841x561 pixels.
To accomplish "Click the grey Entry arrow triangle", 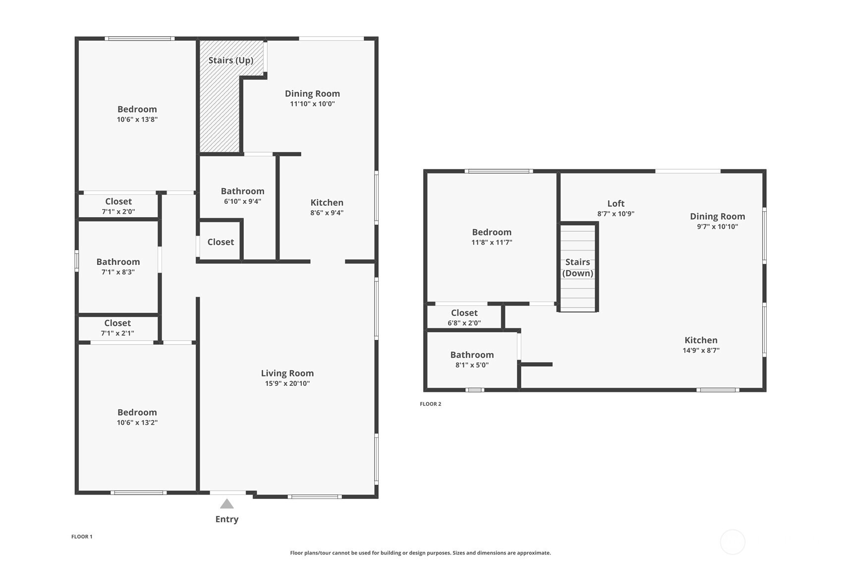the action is [x=227, y=504].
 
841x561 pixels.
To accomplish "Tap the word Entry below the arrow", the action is [x=227, y=519].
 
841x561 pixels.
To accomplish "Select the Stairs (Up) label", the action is [x=231, y=61].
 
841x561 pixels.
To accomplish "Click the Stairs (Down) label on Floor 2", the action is [x=577, y=267].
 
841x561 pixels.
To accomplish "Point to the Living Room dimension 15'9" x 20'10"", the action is [x=287, y=383].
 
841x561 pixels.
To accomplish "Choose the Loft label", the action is [x=616, y=204].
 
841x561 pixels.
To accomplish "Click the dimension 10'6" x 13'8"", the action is [x=137, y=120].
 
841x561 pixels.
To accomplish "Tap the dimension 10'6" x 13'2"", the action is [x=137, y=422].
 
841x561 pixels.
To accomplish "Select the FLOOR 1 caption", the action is [x=82, y=537].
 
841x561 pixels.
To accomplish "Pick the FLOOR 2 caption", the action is [x=430, y=404].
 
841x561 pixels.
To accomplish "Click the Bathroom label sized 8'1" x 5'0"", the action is [x=472, y=355].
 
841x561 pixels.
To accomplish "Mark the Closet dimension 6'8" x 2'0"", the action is [x=464, y=323].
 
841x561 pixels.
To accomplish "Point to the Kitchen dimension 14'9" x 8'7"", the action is [x=701, y=350].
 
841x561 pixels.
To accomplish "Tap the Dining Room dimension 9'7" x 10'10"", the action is [x=718, y=227].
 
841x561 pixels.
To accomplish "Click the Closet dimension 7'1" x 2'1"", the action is [x=117, y=333].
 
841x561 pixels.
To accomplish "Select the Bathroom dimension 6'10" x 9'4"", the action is [x=242, y=201].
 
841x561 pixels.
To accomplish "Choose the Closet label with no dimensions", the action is [x=221, y=242].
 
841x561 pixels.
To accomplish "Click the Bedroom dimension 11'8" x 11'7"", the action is [x=492, y=243].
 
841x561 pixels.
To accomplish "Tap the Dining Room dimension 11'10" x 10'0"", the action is [x=312, y=104].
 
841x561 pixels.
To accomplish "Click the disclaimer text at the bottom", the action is [x=420, y=553].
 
